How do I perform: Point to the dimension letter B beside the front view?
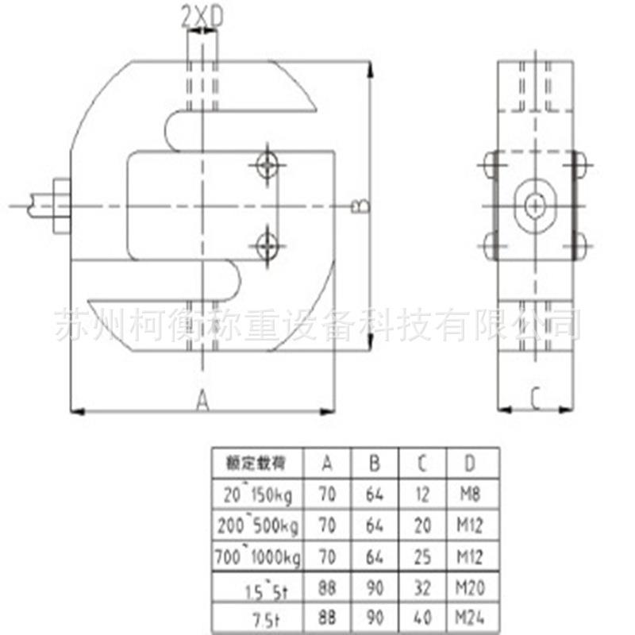(359, 205)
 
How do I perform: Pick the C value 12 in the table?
(422, 495)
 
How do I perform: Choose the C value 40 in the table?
(422, 617)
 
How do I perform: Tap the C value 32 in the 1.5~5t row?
(422, 587)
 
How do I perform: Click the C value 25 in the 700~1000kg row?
(422, 556)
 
